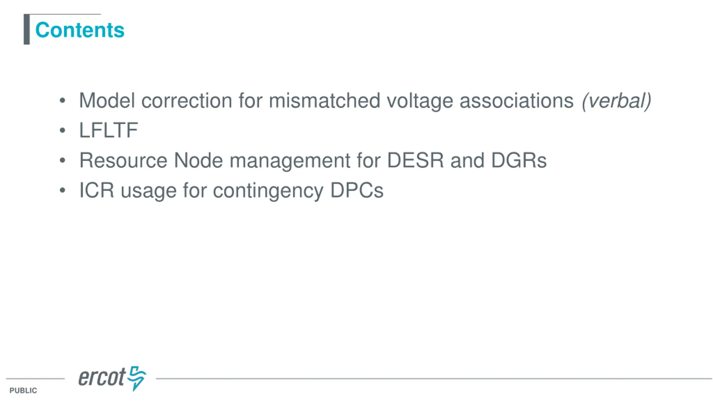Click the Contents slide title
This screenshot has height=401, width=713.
pos(80,30)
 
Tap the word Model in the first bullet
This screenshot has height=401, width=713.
pos(107,101)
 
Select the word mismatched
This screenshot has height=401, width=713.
pos(324,101)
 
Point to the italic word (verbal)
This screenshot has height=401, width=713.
pos(616,101)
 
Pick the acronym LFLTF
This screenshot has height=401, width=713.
pos(109,130)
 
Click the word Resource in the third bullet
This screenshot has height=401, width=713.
pos(123,160)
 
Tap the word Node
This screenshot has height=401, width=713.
pos(198,160)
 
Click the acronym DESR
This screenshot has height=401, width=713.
pos(415,160)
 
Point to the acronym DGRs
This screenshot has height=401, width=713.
pos(519,160)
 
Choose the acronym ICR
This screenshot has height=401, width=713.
pos(97,190)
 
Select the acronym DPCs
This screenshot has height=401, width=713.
pos(357,190)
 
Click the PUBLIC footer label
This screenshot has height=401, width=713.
pos(23,390)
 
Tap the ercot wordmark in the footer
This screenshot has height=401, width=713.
pos(102,377)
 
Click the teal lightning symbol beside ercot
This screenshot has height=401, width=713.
pos(137,378)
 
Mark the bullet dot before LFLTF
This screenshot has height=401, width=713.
pos(62,130)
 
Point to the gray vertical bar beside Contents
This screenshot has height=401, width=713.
pos(27,29)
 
